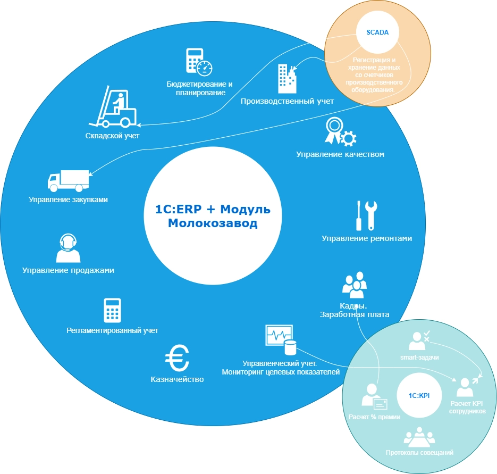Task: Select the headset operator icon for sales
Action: coord(68,248)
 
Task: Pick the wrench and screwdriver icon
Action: coord(366,215)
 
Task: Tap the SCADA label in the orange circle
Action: coord(377,32)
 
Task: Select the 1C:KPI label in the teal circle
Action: coord(419,396)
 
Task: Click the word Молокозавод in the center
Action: coord(213,223)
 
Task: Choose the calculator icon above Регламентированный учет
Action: coord(112,310)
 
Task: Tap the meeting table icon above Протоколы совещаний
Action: coord(419,437)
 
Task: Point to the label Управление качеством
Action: coord(340,155)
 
